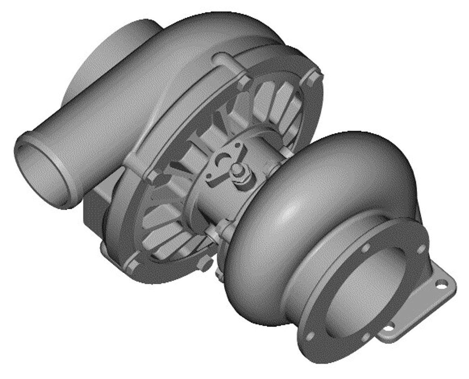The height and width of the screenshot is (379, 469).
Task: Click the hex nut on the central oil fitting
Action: click(242, 175)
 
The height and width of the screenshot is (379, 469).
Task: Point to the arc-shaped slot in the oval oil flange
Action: click(222, 160)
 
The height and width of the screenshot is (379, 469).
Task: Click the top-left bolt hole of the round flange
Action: click(366, 248)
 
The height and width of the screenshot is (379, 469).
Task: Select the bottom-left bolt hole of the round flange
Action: click(310, 337)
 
